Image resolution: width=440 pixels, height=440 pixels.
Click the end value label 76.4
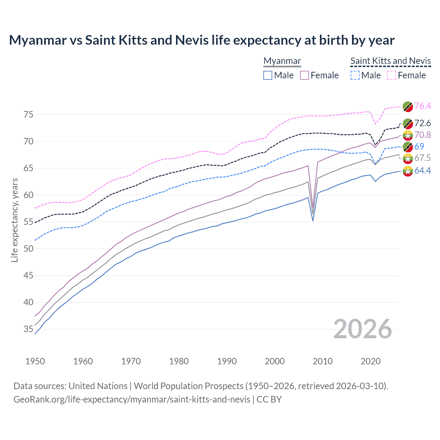pyautogui.click(x=422, y=106)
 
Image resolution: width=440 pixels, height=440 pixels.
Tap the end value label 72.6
pyautogui.click(x=422, y=123)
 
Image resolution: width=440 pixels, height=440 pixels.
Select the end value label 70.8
pyautogui.click(x=422, y=135)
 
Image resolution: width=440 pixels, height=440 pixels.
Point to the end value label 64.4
pyautogui.click(x=422, y=170)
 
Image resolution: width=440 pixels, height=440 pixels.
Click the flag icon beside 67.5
pyautogui.click(x=408, y=158)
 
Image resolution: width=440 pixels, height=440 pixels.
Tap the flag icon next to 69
pyautogui.click(x=408, y=146)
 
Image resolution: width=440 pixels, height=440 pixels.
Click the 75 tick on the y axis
pyautogui.click(x=29, y=114)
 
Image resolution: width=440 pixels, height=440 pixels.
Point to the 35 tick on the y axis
pyautogui.click(x=29, y=329)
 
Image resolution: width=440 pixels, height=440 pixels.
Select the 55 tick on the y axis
pyautogui.click(x=29, y=222)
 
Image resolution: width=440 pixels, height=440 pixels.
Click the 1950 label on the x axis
pyautogui.click(x=35, y=361)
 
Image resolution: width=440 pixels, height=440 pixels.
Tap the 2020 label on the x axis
pyautogui.click(x=371, y=361)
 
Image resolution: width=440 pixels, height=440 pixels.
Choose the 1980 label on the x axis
pyautogui.click(x=179, y=361)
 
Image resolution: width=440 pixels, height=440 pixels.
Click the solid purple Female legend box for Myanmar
pyautogui.click(x=305, y=75)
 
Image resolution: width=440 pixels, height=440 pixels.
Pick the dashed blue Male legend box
pyautogui.click(x=355, y=75)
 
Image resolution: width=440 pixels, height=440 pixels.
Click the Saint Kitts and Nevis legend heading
pyautogui.click(x=390, y=61)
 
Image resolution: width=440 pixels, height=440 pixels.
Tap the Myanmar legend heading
pyautogui.click(x=282, y=61)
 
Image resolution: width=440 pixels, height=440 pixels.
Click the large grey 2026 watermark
pyautogui.click(x=363, y=329)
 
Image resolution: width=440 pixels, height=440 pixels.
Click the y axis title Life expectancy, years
pyautogui.click(x=14, y=220)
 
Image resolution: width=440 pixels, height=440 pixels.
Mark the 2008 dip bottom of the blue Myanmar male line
pyautogui.click(x=313, y=220)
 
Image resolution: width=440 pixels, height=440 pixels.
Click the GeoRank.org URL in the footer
pyautogui.click(x=132, y=399)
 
